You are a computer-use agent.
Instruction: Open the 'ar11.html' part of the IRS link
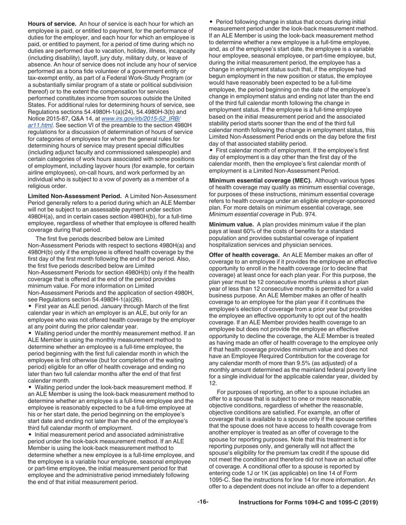pos(40,125)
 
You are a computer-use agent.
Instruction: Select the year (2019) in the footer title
pos(369,503)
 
